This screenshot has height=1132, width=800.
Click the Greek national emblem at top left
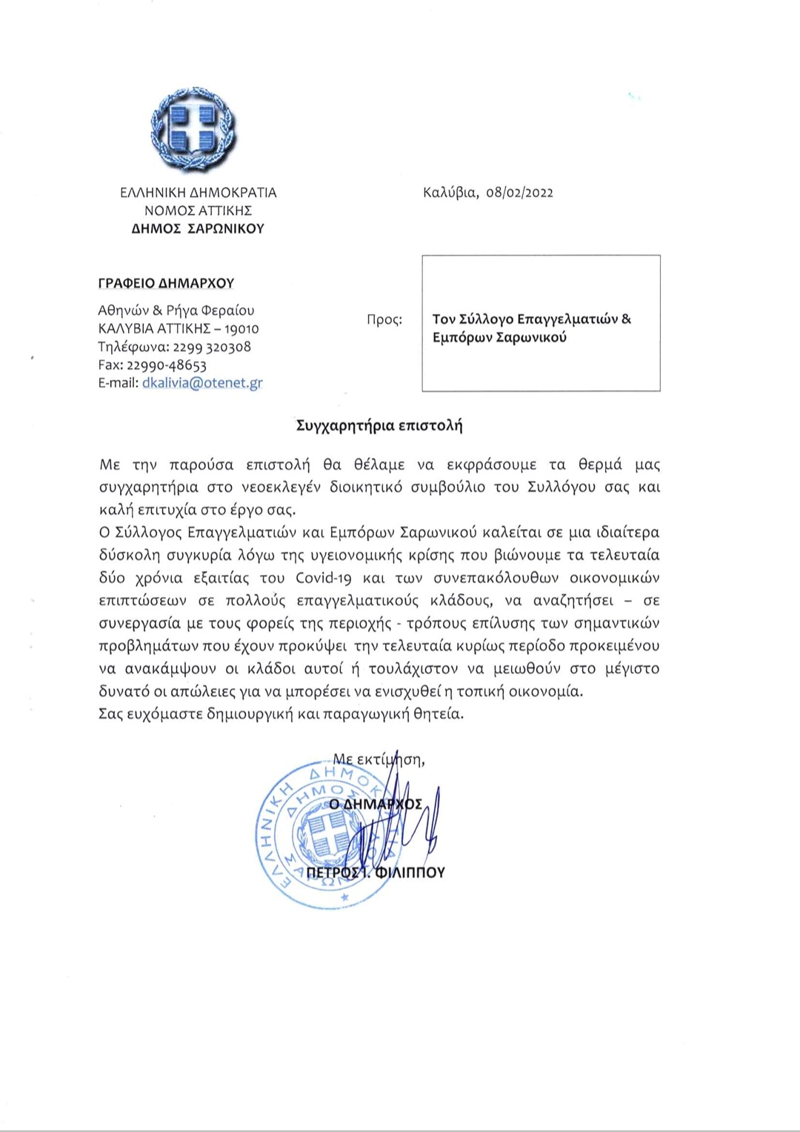(x=193, y=130)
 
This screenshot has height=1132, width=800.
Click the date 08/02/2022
(x=520, y=193)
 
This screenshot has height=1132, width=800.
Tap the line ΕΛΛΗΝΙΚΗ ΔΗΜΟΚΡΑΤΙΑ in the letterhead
(x=199, y=193)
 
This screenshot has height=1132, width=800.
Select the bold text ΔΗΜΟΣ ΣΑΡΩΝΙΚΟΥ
(x=198, y=229)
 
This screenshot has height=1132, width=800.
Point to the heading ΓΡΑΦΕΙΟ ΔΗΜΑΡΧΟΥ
(x=166, y=283)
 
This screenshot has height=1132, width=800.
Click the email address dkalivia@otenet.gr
(x=202, y=383)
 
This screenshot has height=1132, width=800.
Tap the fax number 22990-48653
(x=167, y=365)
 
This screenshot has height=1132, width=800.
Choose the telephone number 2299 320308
(x=212, y=347)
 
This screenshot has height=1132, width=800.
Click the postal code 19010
(x=241, y=329)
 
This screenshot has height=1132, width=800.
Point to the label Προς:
(x=384, y=320)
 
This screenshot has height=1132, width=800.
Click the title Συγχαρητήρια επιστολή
(x=379, y=426)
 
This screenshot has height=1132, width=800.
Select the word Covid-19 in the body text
(x=324, y=578)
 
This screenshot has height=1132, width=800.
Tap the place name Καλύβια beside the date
(x=450, y=193)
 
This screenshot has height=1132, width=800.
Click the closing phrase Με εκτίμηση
(x=378, y=759)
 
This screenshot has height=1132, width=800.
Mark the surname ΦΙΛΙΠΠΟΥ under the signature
(x=410, y=873)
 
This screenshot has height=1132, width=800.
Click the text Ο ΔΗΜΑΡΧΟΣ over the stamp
(x=376, y=804)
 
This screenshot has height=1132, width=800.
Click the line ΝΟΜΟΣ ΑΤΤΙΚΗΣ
(x=198, y=210)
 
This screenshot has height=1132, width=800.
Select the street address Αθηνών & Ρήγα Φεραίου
(x=176, y=310)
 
